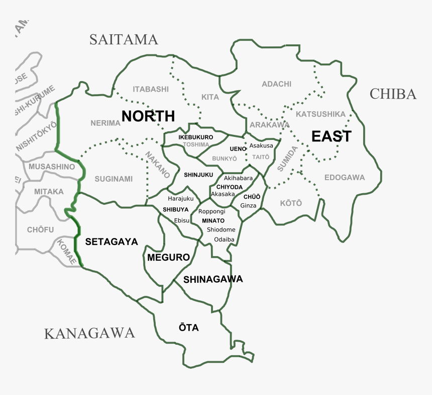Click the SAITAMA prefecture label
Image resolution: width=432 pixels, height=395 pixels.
124,39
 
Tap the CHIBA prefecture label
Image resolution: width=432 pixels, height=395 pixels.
393,94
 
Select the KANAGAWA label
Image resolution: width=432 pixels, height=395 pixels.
89,333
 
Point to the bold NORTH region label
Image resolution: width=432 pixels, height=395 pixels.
148,116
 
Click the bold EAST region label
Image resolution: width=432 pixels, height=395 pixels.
331,136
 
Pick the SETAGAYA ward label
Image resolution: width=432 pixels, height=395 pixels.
112,242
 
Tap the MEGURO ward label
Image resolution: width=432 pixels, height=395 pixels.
169,258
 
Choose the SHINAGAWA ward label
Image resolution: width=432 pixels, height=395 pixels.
213,279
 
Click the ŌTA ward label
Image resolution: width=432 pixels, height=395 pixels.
189,328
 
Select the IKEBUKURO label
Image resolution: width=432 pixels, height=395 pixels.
195,137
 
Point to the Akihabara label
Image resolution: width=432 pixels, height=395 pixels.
238,178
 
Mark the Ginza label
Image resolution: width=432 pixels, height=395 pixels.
248,205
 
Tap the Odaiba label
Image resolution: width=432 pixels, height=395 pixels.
224,239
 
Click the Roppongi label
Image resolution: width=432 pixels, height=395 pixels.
211,212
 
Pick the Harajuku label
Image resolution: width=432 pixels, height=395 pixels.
180,199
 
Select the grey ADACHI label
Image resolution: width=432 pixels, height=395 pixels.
276,84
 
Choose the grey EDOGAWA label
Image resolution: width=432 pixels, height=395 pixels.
345,177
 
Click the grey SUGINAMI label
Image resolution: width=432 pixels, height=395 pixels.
114,179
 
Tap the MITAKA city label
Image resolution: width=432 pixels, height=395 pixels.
49,192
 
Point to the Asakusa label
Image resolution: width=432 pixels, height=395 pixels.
261,145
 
